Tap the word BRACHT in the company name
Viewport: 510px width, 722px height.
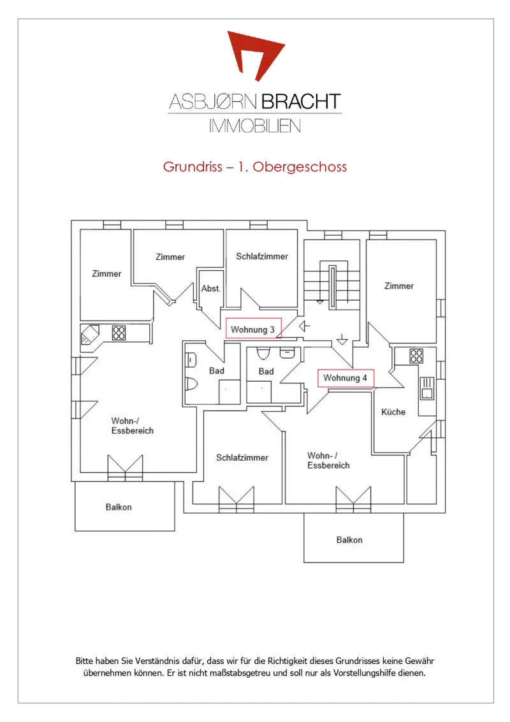(x=301, y=101)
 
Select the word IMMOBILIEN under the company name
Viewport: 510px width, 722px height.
(x=255, y=126)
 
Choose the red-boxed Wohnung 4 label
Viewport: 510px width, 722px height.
(x=346, y=378)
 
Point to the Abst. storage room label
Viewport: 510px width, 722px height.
(x=210, y=289)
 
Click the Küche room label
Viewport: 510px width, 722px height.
(x=393, y=412)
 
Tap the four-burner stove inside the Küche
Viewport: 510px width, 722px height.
(x=416, y=356)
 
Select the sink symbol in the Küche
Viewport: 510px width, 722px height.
(x=427, y=387)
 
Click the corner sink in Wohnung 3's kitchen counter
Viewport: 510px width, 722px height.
(x=90, y=335)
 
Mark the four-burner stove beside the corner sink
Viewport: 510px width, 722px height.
(x=119, y=333)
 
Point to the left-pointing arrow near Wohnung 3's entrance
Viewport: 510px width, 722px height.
(x=304, y=326)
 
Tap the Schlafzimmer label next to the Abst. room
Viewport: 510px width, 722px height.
(x=261, y=256)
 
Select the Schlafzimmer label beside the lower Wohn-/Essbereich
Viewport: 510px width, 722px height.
(x=242, y=458)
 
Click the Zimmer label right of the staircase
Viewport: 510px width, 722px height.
(x=399, y=285)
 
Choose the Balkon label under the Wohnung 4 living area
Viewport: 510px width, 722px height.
(x=349, y=540)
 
